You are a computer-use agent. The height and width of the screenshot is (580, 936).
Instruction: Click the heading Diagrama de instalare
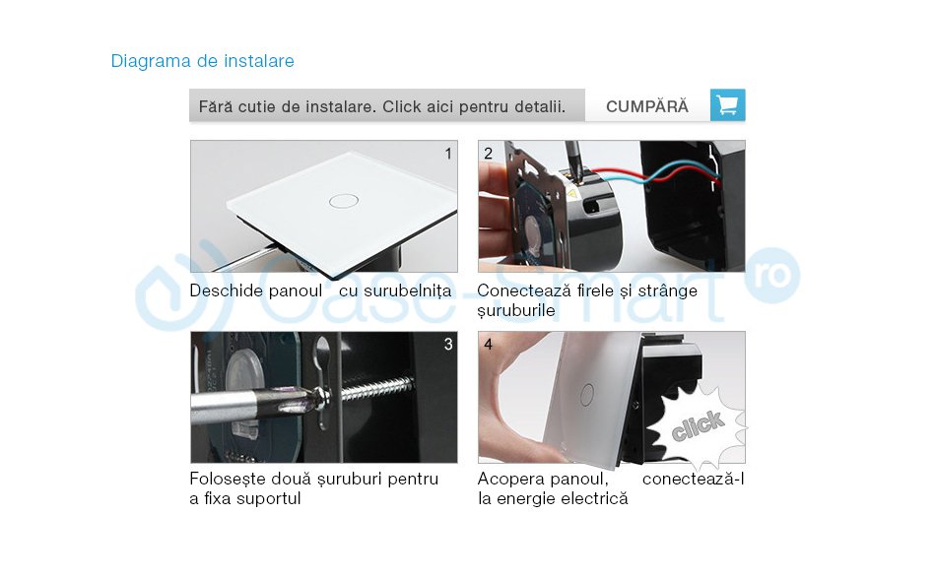pyautogui.click(x=202, y=61)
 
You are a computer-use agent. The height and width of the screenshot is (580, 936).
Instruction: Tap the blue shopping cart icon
pyautogui.click(x=727, y=105)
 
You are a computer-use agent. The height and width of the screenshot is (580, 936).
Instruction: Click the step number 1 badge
pyautogui.click(x=448, y=154)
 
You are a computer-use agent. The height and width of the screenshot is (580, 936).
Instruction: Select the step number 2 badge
pyautogui.click(x=488, y=154)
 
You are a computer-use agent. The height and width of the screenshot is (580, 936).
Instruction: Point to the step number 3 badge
pyautogui.click(x=448, y=345)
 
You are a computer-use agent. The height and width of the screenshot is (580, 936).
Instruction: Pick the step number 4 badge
pyautogui.click(x=488, y=345)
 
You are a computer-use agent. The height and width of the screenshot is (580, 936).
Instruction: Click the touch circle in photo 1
pyautogui.click(x=344, y=200)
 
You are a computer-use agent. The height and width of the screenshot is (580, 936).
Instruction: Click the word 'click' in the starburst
pyautogui.click(x=698, y=425)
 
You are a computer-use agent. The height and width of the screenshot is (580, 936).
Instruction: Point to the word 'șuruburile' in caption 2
pyautogui.click(x=516, y=311)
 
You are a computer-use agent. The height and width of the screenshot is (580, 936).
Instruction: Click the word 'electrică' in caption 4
pyautogui.click(x=593, y=499)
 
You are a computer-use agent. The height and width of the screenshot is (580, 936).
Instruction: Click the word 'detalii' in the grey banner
pyautogui.click(x=538, y=106)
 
